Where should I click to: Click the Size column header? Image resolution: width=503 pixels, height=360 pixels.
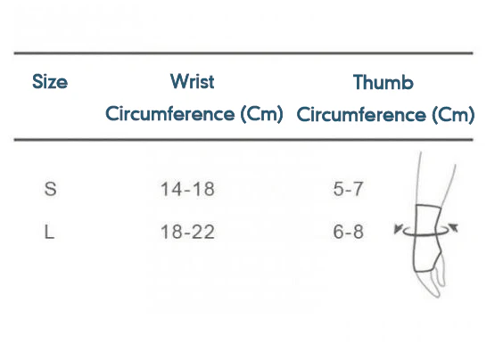coord(50,82)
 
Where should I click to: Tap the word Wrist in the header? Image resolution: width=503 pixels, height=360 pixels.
coord(193,81)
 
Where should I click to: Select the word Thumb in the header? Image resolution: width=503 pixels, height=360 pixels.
coord(383,82)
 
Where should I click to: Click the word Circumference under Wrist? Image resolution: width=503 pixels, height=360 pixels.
coord(170,113)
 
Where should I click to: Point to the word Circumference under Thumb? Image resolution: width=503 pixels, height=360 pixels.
coord(361,114)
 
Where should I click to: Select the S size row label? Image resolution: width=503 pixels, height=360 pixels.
coord(50,189)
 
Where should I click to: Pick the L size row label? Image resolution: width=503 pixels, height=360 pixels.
coord(49,232)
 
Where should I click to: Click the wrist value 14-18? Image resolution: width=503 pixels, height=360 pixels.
coord(187,189)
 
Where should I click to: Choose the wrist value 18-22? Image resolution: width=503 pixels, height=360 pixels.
coord(187,232)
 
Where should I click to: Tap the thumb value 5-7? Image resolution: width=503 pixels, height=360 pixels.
coord(348,189)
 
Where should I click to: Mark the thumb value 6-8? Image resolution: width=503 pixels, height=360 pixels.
coord(349,232)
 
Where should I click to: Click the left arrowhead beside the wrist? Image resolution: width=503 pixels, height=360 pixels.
coord(398,228)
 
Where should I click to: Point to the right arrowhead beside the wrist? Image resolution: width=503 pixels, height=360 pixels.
coord(453,227)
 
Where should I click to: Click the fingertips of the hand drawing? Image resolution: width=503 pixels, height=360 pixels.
coord(438,293)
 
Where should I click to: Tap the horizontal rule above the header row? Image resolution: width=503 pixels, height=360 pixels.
coord(243,53)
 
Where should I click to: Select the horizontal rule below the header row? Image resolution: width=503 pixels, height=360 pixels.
coord(243,140)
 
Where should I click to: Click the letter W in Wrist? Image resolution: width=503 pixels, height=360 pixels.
coord(179,81)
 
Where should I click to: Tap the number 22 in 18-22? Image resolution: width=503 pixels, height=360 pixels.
coord(204,232)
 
